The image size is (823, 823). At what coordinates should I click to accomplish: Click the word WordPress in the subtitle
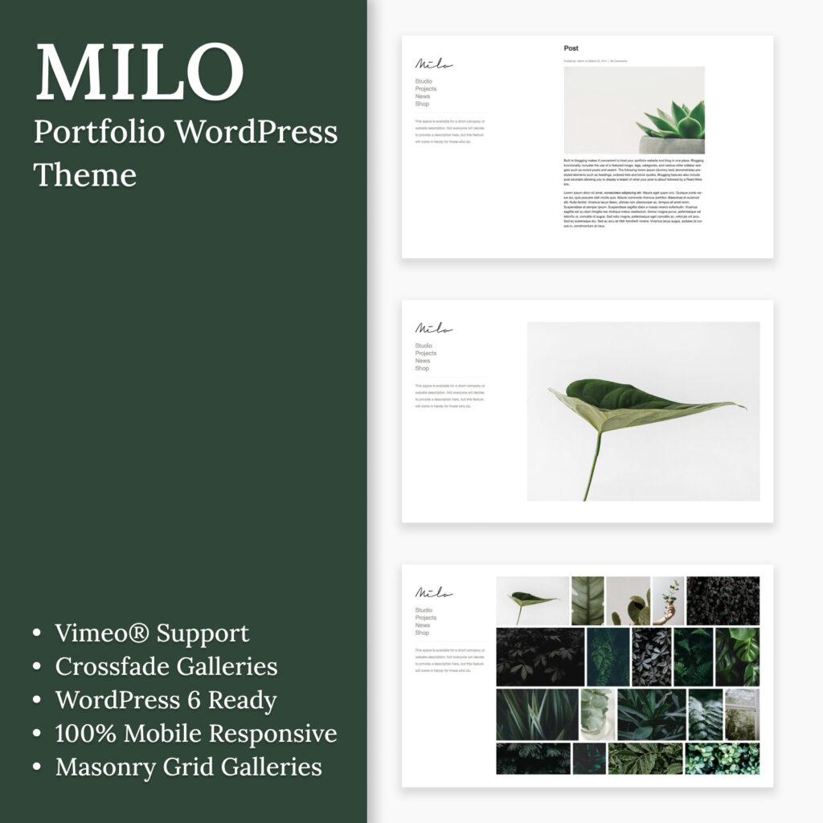pyautogui.click(x=256, y=132)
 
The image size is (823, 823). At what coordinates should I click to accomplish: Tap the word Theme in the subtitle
pyautogui.click(x=85, y=174)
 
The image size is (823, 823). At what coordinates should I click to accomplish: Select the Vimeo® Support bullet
pyautogui.click(x=152, y=633)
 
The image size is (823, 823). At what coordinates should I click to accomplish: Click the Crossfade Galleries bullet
pyautogui.click(x=166, y=666)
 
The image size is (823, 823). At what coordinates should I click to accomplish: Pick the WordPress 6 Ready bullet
pyautogui.click(x=166, y=700)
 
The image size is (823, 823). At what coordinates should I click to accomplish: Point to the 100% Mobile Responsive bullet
pyautogui.click(x=196, y=733)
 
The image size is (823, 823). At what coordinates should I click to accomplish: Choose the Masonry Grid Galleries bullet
pyautogui.click(x=188, y=767)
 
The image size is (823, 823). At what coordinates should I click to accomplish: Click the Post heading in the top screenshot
pyautogui.click(x=571, y=49)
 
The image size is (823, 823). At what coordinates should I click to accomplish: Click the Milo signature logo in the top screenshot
pyautogui.click(x=433, y=64)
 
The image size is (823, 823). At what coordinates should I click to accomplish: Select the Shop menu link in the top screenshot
pyautogui.click(x=422, y=104)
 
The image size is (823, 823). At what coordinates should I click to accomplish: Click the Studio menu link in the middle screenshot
pyautogui.click(x=424, y=346)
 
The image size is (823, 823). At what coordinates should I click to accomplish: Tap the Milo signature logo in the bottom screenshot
pyautogui.click(x=433, y=593)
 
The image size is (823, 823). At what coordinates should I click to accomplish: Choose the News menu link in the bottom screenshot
pyautogui.click(x=423, y=625)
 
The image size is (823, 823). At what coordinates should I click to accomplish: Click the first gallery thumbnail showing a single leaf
pyautogui.click(x=532, y=600)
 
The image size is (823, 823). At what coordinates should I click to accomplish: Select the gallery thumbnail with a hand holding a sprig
pyautogui.click(x=668, y=600)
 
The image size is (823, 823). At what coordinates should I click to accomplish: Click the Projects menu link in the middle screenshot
pyautogui.click(x=426, y=354)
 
